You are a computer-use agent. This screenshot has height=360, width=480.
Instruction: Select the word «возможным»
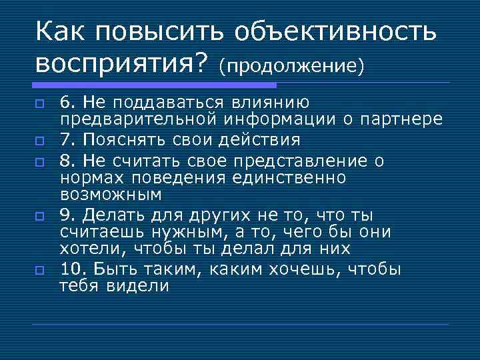[111, 195]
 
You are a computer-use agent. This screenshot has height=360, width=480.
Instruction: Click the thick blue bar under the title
[154, 85]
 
